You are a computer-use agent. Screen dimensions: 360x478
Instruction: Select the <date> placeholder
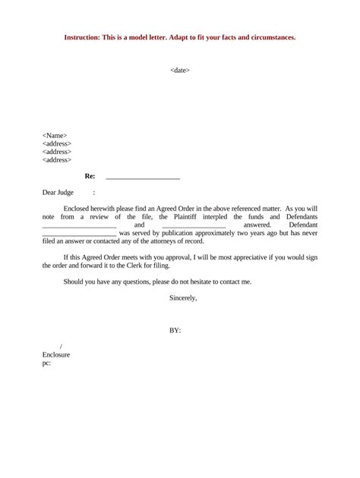coord(180,71)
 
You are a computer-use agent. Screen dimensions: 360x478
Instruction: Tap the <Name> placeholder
coord(55,135)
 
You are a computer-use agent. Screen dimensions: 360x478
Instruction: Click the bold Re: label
coord(89,176)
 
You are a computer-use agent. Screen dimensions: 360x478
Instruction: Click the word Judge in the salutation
coord(69,193)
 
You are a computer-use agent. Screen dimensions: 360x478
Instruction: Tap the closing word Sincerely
coord(183,298)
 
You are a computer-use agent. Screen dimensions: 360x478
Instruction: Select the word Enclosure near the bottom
coord(56,354)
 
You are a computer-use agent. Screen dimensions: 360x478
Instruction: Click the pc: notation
coord(47,363)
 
